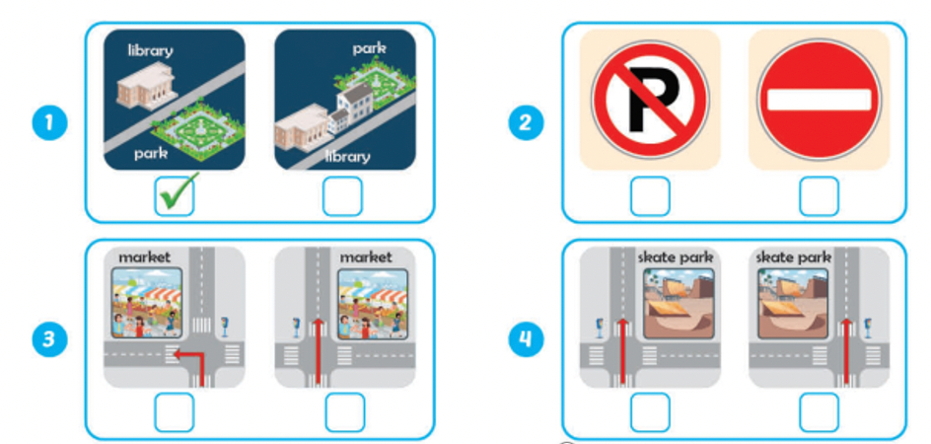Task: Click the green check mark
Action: point(175,193)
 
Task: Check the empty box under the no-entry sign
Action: point(818,196)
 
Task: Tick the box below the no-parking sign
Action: point(649,196)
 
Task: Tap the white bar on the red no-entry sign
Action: point(818,100)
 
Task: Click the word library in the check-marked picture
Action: point(151,48)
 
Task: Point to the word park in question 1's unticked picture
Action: point(371,47)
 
